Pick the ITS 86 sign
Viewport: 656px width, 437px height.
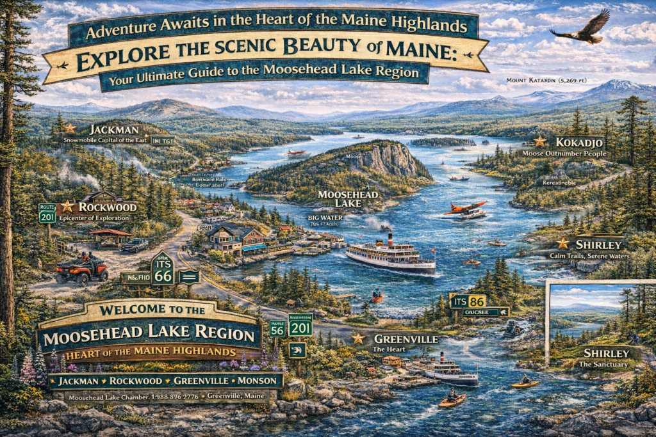468,301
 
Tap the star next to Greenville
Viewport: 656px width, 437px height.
357,338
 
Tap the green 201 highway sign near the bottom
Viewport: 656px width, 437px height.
300,328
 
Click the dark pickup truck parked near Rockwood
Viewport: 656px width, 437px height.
134,244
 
